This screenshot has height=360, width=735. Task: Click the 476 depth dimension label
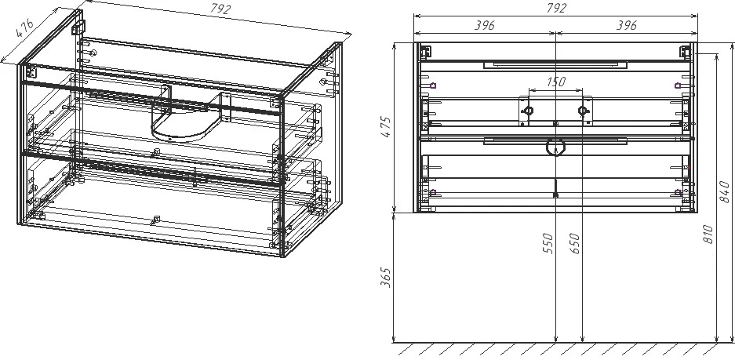pyautogui.click(x=24, y=28)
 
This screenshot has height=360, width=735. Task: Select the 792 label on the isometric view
pyautogui.click(x=220, y=9)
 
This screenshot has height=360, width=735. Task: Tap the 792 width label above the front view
pyautogui.click(x=556, y=8)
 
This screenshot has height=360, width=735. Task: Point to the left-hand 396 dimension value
pyautogui.click(x=484, y=25)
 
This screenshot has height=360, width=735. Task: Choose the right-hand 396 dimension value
pyautogui.click(x=626, y=25)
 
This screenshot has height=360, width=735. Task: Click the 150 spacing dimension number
pyautogui.click(x=556, y=82)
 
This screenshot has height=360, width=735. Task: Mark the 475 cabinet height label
pyautogui.click(x=385, y=125)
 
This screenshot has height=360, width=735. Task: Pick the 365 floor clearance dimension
pyautogui.click(x=385, y=278)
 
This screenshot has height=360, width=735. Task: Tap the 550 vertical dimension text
pyautogui.click(x=548, y=244)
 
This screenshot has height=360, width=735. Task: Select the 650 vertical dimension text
pyautogui.click(x=575, y=244)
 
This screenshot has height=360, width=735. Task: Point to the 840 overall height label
pyautogui.click(x=725, y=191)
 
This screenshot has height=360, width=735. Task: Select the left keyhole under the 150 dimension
pyautogui.click(x=528, y=111)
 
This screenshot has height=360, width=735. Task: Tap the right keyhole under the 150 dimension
pyautogui.click(x=583, y=111)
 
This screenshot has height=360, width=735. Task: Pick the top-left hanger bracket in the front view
pyautogui.click(x=425, y=51)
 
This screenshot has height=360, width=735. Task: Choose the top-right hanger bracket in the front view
pyautogui.click(x=686, y=51)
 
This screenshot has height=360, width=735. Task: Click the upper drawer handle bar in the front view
pyautogui.click(x=555, y=64)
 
